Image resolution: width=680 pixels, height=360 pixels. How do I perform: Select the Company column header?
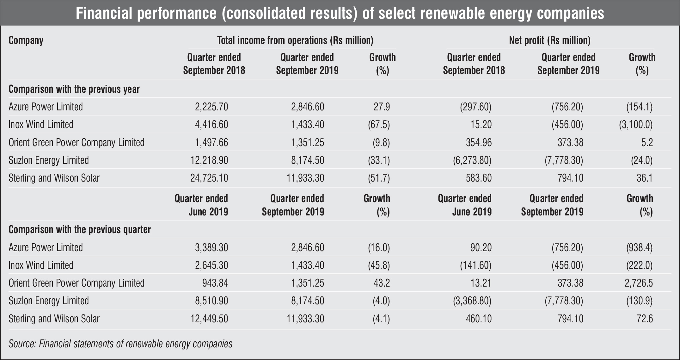point(26,40)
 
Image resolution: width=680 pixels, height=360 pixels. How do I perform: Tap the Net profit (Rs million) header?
point(550,40)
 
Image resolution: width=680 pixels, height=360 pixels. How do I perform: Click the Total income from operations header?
point(295,40)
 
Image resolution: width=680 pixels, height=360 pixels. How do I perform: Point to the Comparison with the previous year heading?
point(74,89)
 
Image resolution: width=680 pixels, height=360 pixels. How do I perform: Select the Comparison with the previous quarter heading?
point(79,229)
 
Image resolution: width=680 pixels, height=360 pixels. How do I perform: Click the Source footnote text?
point(120,344)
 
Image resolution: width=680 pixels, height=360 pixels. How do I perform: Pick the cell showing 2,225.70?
point(211,107)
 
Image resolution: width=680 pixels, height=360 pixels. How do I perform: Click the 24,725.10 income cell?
point(209,178)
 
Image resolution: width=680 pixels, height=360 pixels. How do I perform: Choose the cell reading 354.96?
point(479,143)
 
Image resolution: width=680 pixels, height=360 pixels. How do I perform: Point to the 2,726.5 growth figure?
point(639,283)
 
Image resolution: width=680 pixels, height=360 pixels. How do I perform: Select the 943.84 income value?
point(215,283)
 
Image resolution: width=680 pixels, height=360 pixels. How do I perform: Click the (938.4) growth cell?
point(639,248)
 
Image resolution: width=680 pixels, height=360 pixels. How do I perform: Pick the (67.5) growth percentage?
point(379,125)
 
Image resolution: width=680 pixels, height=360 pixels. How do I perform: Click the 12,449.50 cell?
point(209,319)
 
